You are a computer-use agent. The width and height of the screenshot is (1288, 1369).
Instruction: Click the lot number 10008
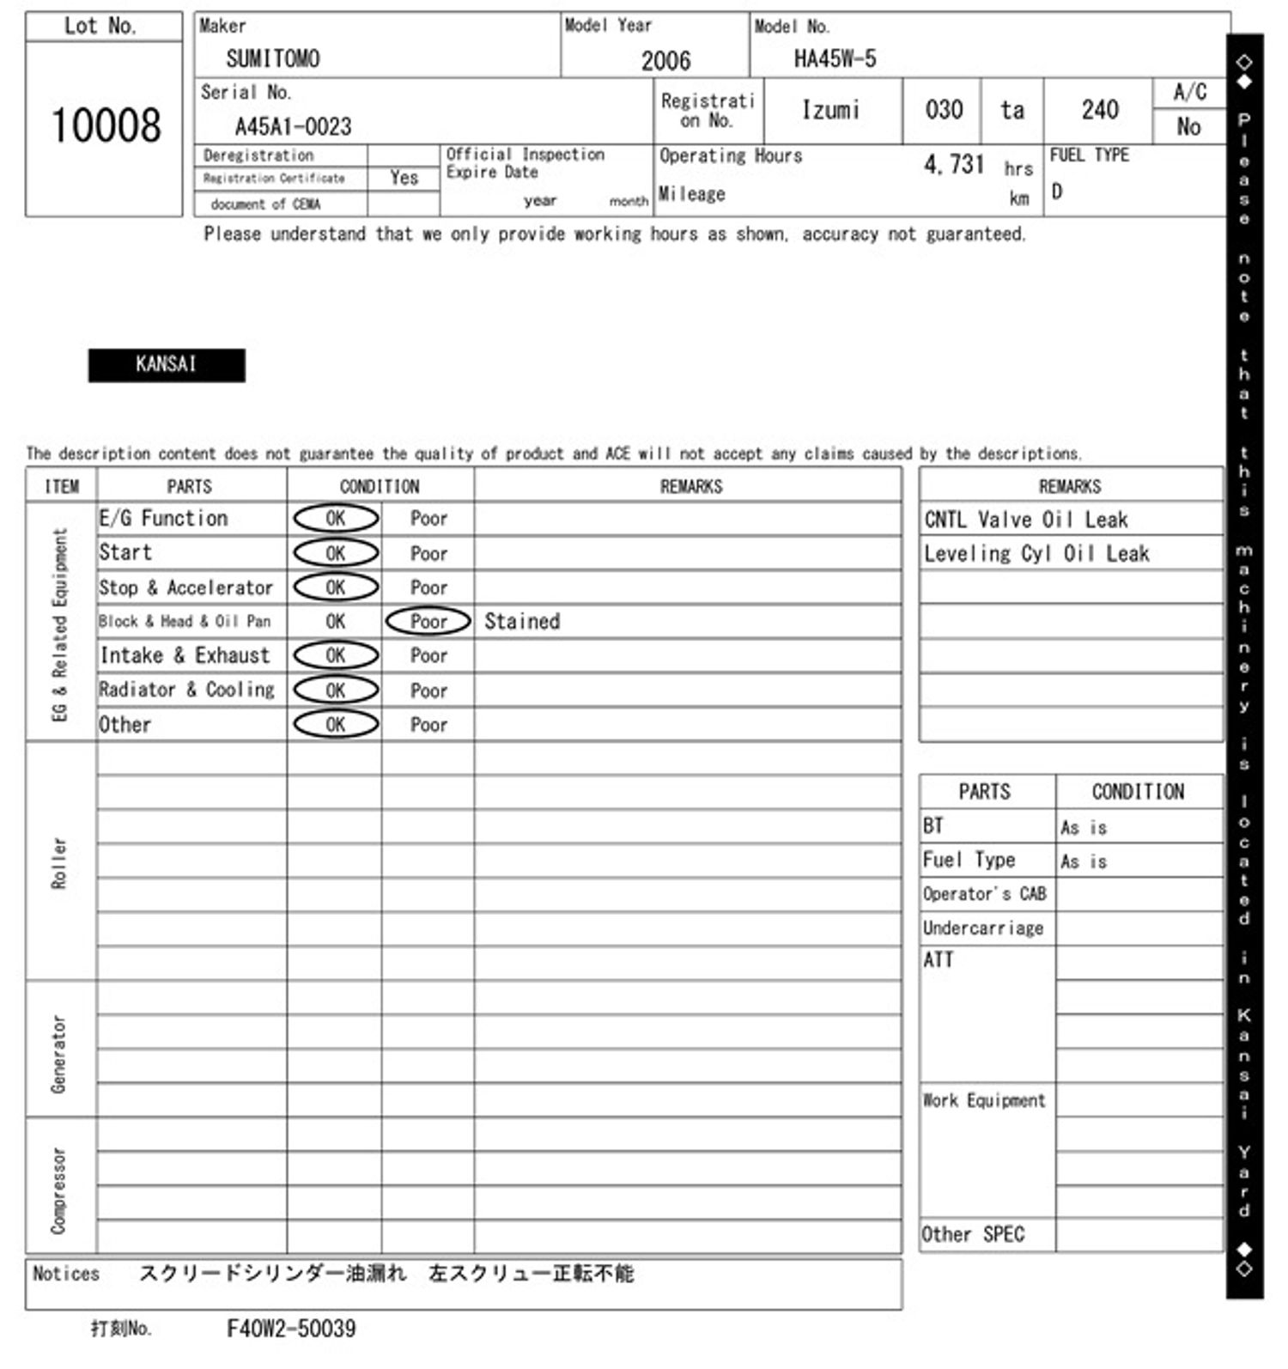click(106, 126)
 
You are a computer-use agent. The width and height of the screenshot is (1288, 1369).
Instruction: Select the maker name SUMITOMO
click(273, 58)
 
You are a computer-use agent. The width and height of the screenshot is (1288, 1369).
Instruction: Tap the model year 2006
click(665, 61)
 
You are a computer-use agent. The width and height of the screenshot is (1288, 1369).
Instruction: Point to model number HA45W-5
click(835, 58)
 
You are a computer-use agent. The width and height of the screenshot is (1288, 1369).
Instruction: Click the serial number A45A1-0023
click(293, 127)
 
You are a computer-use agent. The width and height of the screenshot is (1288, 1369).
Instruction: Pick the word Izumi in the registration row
click(830, 110)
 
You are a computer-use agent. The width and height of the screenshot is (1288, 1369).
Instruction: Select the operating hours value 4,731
click(953, 164)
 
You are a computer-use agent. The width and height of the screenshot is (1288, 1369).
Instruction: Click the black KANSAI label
click(167, 364)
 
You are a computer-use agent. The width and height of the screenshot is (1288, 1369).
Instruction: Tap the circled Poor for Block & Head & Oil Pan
click(428, 621)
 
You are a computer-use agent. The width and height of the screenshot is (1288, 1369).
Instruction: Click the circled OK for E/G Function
click(336, 518)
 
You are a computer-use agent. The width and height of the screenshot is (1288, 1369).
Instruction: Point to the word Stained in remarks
click(522, 621)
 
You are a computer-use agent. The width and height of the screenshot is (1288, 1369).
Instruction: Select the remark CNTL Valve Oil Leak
click(1026, 520)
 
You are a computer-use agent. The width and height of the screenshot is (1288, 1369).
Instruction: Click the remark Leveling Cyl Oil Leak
click(1036, 554)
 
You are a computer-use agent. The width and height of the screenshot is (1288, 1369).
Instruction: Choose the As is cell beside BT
click(1084, 827)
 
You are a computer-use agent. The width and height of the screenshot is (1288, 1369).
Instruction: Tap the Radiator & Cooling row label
click(187, 690)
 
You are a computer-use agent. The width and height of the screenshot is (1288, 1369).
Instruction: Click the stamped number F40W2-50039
click(291, 1329)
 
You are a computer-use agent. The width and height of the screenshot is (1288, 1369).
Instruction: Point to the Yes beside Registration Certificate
click(404, 178)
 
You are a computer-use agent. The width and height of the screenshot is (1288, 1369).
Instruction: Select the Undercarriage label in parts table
click(983, 928)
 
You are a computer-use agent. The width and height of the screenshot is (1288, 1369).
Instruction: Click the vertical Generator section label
click(58, 1053)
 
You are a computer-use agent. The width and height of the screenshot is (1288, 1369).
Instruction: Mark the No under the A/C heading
click(1188, 127)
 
